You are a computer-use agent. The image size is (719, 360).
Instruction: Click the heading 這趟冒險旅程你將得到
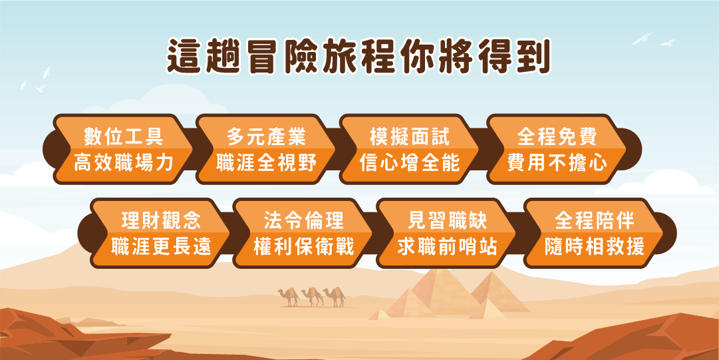click(x=359, y=57)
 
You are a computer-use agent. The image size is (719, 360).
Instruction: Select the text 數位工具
click(x=123, y=136)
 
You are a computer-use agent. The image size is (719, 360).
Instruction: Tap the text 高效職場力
click(x=123, y=163)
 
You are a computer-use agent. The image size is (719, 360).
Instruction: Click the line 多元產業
click(x=267, y=136)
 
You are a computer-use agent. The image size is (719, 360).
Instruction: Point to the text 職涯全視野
click(x=267, y=163)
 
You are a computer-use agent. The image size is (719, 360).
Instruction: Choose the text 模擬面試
click(x=410, y=136)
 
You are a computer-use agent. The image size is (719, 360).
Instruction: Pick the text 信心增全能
click(x=410, y=163)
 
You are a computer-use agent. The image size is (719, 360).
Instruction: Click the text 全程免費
click(x=557, y=136)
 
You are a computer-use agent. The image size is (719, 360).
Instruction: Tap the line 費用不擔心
click(x=557, y=163)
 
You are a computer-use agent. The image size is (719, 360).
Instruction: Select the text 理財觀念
click(x=161, y=220)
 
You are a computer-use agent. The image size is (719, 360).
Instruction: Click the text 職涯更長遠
click(x=161, y=247)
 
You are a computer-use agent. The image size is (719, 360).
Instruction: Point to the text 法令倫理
click(x=303, y=220)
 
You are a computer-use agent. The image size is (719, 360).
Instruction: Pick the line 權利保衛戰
click(x=303, y=247)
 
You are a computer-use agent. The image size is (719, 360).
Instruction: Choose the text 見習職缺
click(x=447, y=220)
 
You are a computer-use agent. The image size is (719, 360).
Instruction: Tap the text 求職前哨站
click(x=447, y=247)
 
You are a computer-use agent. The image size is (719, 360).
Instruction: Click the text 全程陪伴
click(x=594, y=220)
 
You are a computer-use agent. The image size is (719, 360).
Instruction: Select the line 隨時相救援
click(x=594, y=247)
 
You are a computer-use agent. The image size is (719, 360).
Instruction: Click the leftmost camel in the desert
click(x=289, y=297)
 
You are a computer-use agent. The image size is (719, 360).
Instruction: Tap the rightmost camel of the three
click(x=335, y=297)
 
